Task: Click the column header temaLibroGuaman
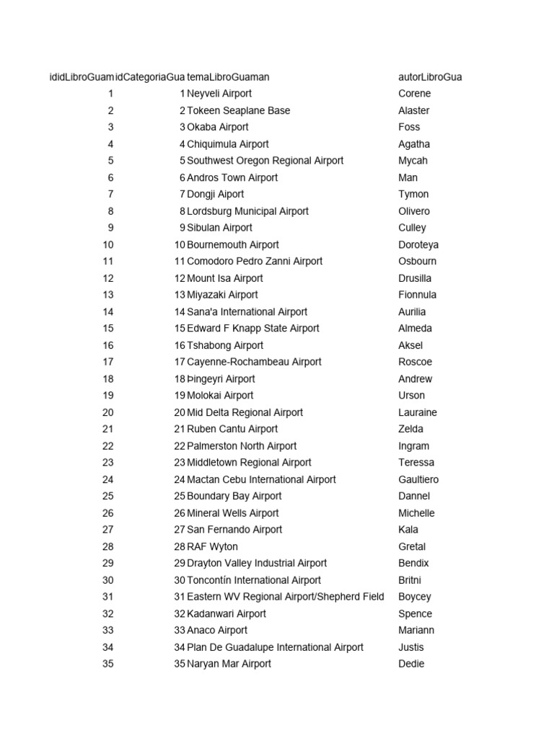tap(228, 77)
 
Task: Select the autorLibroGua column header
tap(430, 77)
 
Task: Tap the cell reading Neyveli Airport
tap(219, 94)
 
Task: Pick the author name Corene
tap(414, 94)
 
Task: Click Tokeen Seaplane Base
tap(238, 110)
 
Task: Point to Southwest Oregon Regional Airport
tap(265, 161)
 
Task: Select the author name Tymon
tap(413, 194)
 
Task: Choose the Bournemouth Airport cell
tap(232, 244)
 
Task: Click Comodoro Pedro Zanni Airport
tap(255, 261)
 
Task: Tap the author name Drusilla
tap(415, 278)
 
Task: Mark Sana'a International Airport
tap(247, 312)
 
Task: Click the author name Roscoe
tap(415, 362)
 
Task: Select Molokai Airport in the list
tap(220, 395)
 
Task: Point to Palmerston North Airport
tap(242, 446)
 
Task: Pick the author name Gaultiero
tap(418, 479)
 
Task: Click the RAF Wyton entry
tap(212, 546)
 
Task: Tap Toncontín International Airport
tap(254, 580)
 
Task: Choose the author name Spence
tap(415, 613)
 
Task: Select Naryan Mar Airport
tap(229, 664)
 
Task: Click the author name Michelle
tap(416, 513)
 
